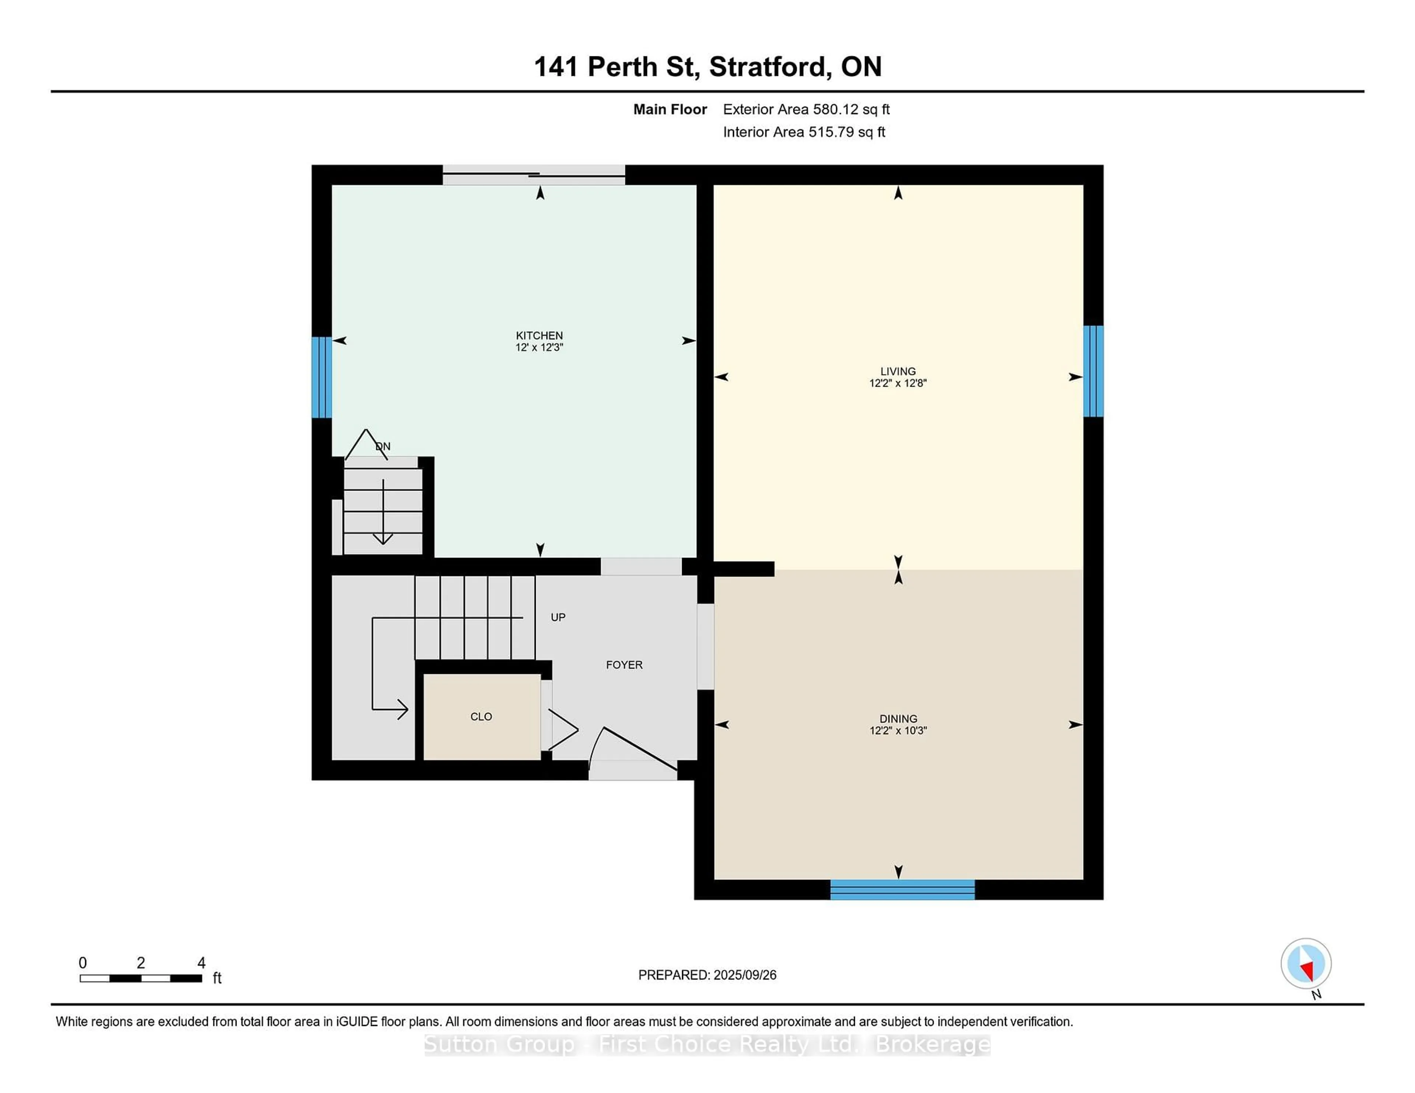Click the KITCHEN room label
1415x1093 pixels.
(539, 335)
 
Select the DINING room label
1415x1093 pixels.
(898, 719)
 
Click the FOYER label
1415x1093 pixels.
(624, 665)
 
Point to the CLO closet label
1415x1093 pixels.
(481, 717)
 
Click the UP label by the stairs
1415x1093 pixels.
(558, 618)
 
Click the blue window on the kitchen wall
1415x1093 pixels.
(321, 377)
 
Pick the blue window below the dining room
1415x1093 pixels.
(902, 890)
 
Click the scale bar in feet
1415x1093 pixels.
(141, 978)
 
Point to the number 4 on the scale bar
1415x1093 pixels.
(202, 963)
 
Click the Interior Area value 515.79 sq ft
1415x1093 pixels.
(846, 132)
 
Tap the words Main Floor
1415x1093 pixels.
(670, 109)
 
